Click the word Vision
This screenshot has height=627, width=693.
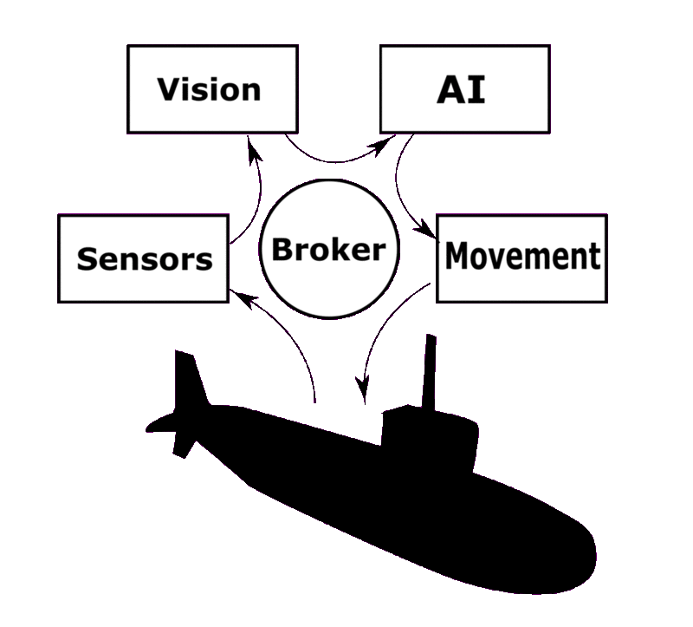point(209,89)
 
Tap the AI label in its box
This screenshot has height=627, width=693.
point(461,90)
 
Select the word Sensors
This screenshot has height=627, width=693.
point(145,258)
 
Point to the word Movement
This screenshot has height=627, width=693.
point(521,256)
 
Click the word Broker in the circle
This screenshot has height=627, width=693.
point(327,251)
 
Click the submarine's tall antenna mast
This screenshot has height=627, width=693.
point(428,369)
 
